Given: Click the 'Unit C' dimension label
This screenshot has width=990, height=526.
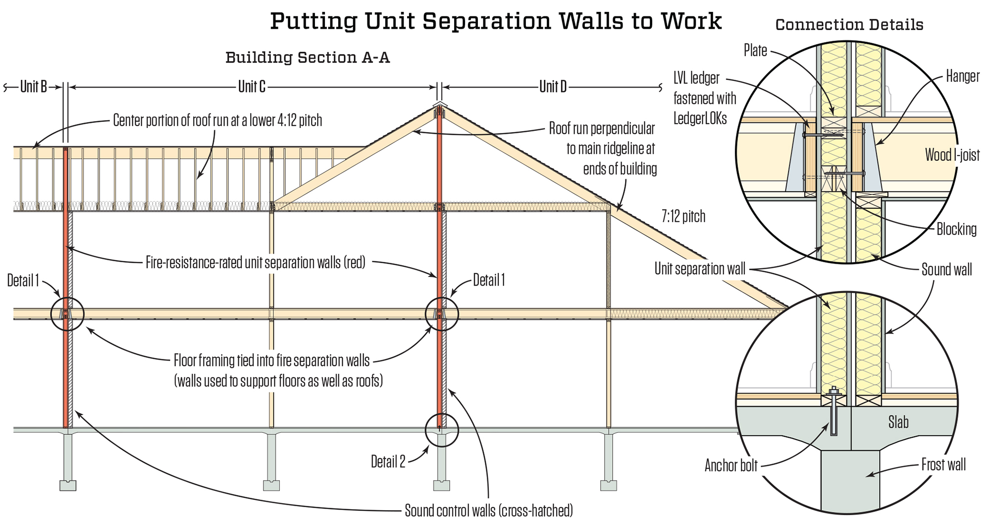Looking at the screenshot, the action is [x=252, y=87].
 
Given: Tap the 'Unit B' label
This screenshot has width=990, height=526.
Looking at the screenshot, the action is [x=34, y=87].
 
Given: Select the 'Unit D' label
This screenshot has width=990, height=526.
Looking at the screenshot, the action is [x=553, y=87].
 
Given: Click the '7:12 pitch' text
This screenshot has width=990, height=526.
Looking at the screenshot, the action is [x=683, y=216].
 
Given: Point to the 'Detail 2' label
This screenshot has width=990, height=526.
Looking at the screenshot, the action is [x=388, y=462].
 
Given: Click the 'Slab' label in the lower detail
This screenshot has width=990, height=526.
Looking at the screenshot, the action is [x=898, y=422].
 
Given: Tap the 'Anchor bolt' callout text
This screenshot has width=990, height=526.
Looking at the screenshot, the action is [x=731, y=465].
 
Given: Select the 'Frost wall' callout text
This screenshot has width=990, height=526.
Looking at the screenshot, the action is [x=943, y=465].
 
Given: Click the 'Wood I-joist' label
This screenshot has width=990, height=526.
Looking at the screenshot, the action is [x=952, y=155].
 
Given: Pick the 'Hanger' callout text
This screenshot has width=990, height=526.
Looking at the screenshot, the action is [x=963, y=76].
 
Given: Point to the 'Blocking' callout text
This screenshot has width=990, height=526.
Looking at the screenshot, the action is [x=956, y=229].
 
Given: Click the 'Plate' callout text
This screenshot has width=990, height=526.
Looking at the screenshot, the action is [x=755, y=50].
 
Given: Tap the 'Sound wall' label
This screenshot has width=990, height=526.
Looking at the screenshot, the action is [x=946, y=269].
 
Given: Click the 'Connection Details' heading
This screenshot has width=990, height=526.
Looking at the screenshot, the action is [x=849, y=24].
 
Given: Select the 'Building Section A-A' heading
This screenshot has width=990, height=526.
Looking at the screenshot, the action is [x=308, y=58].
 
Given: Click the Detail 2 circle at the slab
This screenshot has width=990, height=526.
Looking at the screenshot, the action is [x=442, y=414].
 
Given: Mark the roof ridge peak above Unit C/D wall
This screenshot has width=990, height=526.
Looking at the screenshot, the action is [x=439, y=103].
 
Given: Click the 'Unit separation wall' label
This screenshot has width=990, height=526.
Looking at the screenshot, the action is [x=700, y=269].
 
